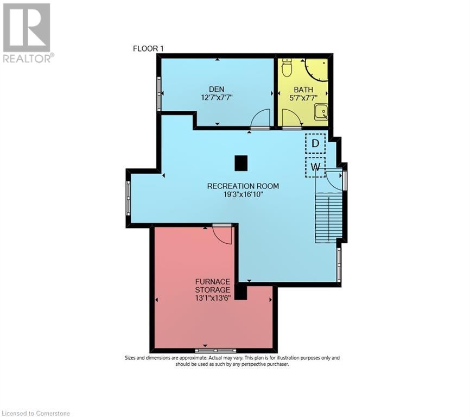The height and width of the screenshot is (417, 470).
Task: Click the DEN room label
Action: [x=217, y=89]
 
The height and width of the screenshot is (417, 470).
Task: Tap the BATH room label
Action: [x=304, y=90]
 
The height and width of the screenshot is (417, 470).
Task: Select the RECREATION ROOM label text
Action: [x=243, y=186]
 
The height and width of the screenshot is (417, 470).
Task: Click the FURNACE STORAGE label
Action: [x=213, y=285]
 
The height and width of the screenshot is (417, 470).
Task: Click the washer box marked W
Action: [x=315, y=167]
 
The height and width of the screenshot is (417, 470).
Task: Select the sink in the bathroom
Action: [x=321, y=112]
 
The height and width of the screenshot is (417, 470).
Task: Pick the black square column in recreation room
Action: [x=241, y=162]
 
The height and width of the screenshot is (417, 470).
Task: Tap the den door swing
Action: [x=261, y=118]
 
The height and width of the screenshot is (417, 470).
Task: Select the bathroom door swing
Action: [x=291, y=118]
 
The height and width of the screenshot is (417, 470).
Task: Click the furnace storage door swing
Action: [x=223, y=234]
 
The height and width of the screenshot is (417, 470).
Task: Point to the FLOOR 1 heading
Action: [x=148, y=49]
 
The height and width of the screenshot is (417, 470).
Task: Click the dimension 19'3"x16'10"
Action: [x=243, y=194]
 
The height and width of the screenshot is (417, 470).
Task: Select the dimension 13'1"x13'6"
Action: [x=213, y=298]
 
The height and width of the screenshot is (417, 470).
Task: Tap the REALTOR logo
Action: [x=27, y=33]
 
